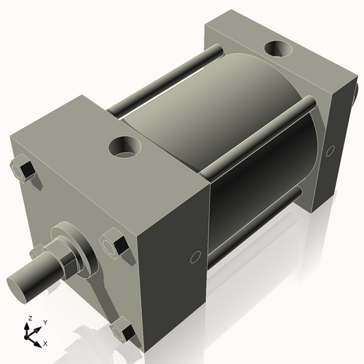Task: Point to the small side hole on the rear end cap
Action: [x=331, y=150]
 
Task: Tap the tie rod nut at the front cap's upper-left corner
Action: [x=23, y=171]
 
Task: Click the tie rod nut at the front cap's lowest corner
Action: [x=122, y=331]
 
